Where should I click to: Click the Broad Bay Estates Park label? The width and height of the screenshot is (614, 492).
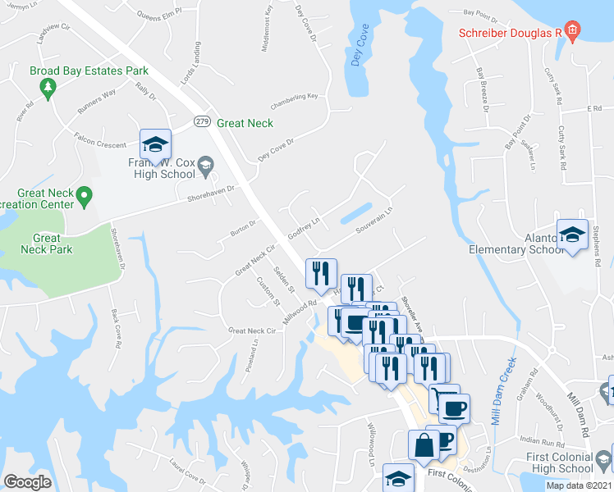[89, 71]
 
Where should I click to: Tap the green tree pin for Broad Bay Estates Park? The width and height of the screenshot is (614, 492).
[48, 88]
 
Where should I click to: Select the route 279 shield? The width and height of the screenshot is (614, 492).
[202, 122]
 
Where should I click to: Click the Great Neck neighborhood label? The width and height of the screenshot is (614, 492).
[245, 123]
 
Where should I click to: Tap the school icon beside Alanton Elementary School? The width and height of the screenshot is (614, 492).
[572, 235]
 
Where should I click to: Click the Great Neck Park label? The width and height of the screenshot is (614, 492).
[47, 244]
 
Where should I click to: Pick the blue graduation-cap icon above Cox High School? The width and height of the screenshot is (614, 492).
[154, 145]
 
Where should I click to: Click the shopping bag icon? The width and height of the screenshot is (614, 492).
[424, 446]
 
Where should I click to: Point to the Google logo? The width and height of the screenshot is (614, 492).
[27, 482]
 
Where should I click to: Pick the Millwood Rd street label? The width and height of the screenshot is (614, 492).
[301, 312]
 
